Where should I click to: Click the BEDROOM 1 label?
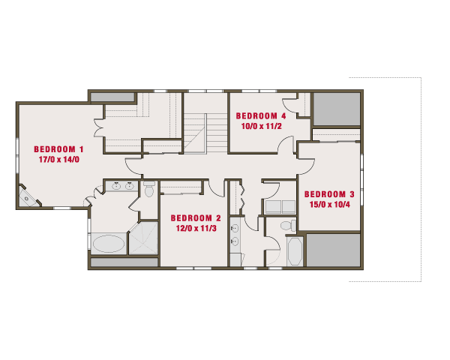pos(58,149)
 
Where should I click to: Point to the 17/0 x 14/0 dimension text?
pos(59,160)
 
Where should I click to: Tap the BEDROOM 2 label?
pos(196,218)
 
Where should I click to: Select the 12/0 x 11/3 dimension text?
pos(196,229)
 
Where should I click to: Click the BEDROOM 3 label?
pos(329,194)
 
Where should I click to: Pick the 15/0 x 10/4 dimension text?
pos(330,205)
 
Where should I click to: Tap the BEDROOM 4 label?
pos(261,116)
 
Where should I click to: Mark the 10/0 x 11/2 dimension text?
pos(262,126)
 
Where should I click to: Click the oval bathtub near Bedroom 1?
pos(109,244)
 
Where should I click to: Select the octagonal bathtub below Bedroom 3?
pos(295,251)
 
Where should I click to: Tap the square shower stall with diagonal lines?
pos(143,238)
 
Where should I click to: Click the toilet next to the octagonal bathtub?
pos(289,225)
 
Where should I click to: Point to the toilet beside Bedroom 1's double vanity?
pos(149,189)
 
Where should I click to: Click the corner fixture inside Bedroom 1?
pos(28,197)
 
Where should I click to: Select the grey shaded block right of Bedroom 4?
pos(337,109)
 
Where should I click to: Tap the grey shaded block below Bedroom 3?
pos(334,250)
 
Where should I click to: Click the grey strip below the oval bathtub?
pos(124,262)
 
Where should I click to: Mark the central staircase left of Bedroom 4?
pos(205,133)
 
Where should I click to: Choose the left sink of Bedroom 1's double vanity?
pos(116,186)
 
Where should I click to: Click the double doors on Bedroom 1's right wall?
pos(98,127)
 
